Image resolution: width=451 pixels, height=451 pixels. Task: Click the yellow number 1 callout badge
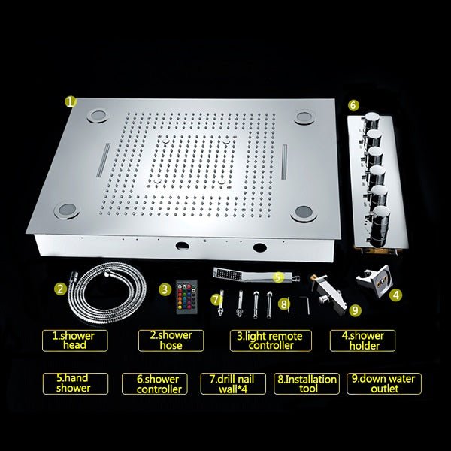(70, 101)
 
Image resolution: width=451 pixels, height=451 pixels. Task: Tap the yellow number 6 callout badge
(353, 105)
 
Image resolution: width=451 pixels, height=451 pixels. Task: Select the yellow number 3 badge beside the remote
(165, 289)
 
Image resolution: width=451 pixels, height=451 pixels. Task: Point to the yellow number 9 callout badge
(355, 310)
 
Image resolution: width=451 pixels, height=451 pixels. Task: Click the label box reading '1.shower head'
(75, 341)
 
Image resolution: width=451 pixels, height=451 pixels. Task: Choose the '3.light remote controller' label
(271, 341)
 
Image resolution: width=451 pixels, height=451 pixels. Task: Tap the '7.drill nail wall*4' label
(233, 383)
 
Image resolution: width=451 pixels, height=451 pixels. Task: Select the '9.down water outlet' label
(384, 383)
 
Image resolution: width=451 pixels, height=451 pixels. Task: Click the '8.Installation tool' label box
(307, 383)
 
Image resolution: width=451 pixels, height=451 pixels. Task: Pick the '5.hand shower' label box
(75, 383)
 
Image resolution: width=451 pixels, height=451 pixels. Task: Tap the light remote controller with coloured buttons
(186, 297)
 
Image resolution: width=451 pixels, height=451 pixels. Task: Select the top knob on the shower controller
(372, 121)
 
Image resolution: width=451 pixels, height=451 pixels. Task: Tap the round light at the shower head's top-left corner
(98, 116)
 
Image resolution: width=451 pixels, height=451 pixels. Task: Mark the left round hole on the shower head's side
(183, 246)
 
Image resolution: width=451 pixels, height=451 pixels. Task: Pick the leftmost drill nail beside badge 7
(221, 303)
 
